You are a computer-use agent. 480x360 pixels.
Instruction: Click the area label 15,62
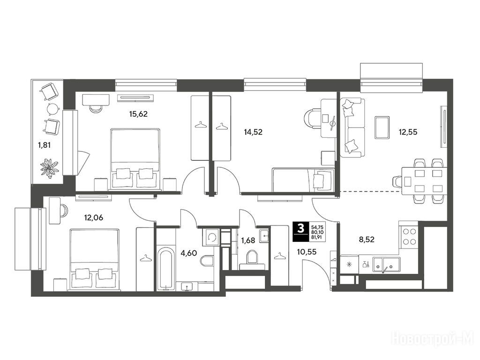(x=138, y=114)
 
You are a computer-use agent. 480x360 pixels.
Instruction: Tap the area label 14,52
(x=253, y=132)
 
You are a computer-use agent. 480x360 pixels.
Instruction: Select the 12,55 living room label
(x=408, y=132)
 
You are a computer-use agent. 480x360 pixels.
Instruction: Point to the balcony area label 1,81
(x=44, y=145)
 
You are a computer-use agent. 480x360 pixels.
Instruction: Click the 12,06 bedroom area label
(x=94, y=217)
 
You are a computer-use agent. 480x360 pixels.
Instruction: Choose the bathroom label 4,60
(x=188, y=254)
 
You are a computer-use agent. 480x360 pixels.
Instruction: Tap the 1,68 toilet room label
(x=248, y=240)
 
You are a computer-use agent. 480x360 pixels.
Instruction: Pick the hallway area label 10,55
(x=307, y=252)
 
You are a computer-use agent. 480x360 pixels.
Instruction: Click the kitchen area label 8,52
(x=367, y=240)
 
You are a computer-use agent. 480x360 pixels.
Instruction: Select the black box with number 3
(x=301, y=232)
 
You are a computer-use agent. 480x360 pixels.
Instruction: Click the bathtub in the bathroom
(x=165, y=269)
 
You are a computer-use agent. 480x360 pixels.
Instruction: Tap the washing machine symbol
(x=210, y=237)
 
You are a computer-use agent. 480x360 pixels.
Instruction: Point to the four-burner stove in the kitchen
(x=409, y=237)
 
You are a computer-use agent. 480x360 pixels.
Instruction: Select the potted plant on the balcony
(x=49, y=167)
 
